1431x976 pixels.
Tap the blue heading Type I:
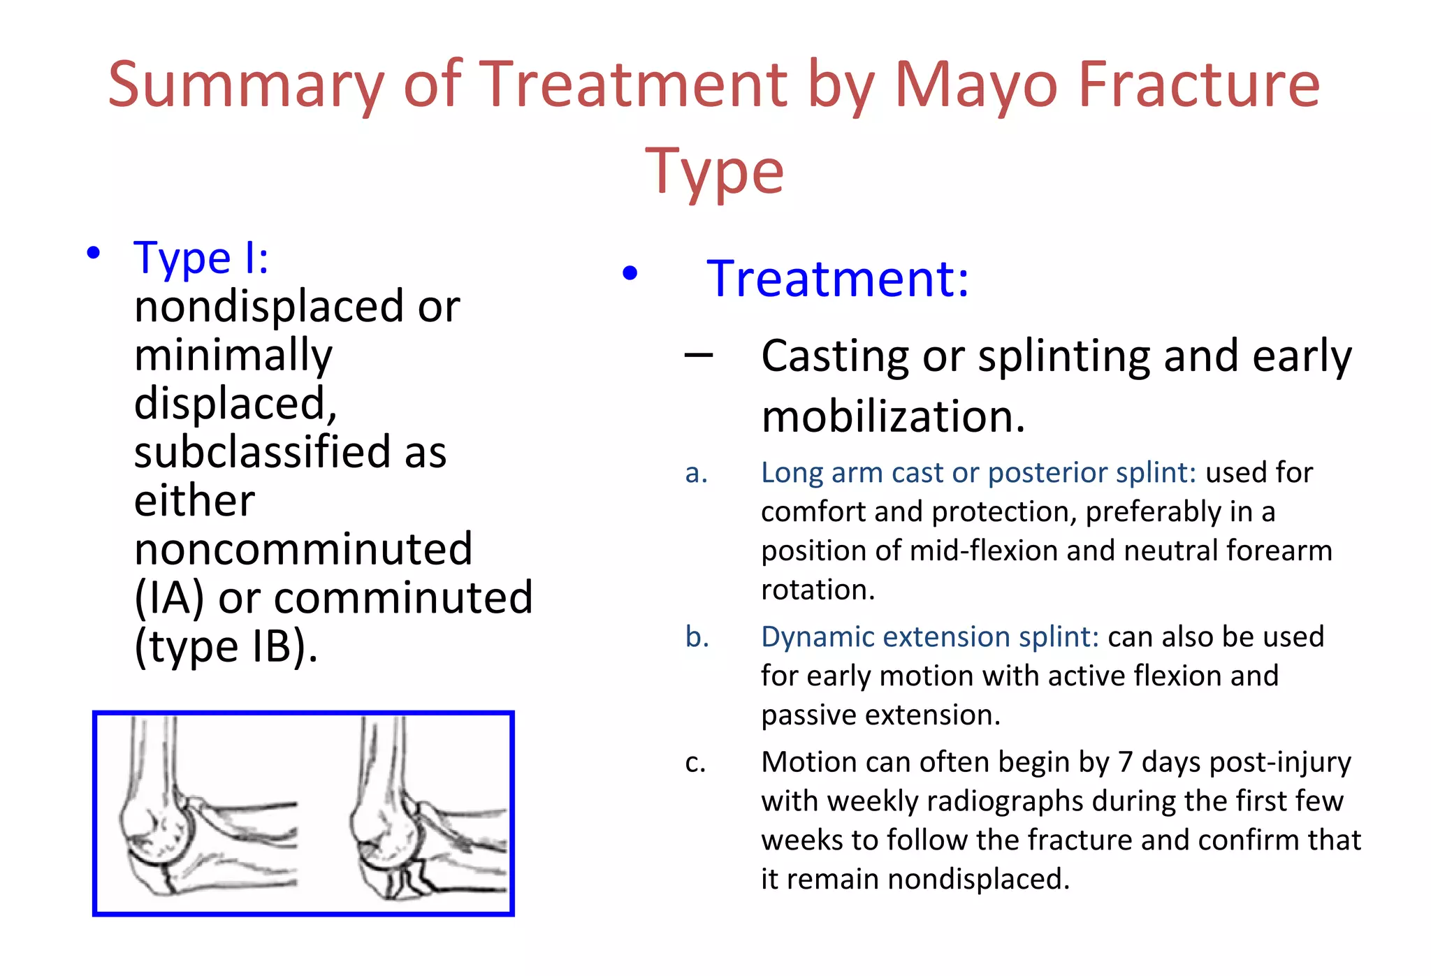pyautogui.click(x=201, y=258)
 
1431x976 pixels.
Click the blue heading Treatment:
pyautogui.click(x=837, y=279)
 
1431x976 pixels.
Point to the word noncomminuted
pyautogui.click(x=303, y=549)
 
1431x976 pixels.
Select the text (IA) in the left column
pyautogui.click(x=169, y=598)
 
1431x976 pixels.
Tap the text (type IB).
pyautogui.click(x=226, y=646)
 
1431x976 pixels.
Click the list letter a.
pyautogui.click(x=696, y=473)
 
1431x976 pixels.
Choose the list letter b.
pyautogui.click(x=697, y=637)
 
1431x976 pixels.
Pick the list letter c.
pyautogui.click(x=695, y=762)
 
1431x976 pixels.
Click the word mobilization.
pyautogui.click(x=892, y=417)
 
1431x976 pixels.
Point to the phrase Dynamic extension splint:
pyautogui.click(x=929, y=637)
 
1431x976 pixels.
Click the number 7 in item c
pyautogui.click(x=1125, y=762)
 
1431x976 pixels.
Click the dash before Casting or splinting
pyautogui.click(x=699, y=356)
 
